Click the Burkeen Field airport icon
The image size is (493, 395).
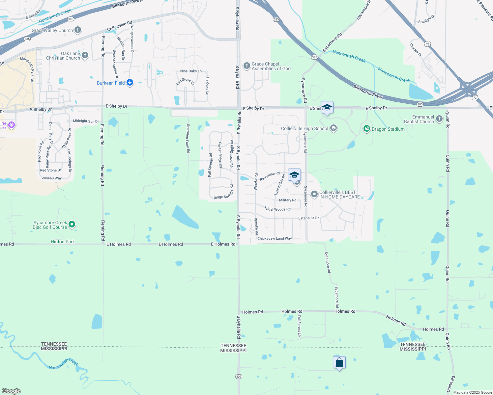click(130, 83)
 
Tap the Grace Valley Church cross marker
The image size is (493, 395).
click(78, 30)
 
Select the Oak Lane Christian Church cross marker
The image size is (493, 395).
click(85, 55)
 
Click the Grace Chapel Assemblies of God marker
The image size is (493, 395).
click(247, 66)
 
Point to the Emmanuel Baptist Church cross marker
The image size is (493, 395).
click(439, 119)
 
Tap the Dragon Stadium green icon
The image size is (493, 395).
click(367, 129)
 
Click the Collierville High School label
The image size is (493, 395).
click(304, 128)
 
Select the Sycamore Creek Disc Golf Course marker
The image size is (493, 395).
click(72, 224)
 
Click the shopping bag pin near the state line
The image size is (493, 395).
click(339, 363)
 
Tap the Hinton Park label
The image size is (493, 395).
click(63, 242)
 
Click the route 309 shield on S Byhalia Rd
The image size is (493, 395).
click(239, 376)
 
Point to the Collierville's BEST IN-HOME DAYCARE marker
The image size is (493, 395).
click(314, 194)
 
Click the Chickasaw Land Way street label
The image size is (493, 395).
click(275, 238)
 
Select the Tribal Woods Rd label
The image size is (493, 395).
click(277, 209)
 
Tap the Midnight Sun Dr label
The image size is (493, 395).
click(86, 121)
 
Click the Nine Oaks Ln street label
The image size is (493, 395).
click(191, 71)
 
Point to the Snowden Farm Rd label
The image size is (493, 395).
click(188, 139)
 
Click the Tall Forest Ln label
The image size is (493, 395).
click(299, 326)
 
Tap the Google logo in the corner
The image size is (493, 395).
click(11, 391)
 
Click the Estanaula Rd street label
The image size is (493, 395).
click(309, 218)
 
